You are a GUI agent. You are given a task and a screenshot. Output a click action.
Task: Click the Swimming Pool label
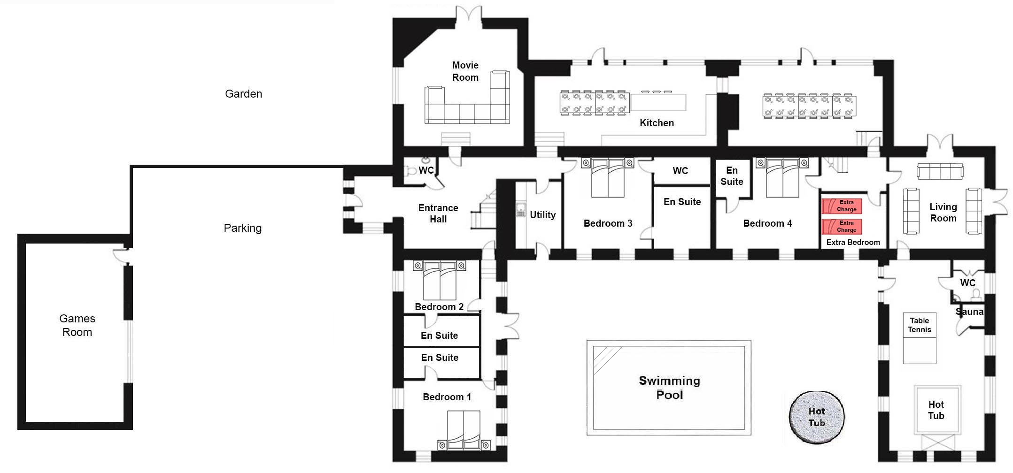669,387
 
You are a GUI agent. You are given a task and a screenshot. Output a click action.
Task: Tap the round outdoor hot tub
817,417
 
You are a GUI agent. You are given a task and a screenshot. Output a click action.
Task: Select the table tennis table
920,338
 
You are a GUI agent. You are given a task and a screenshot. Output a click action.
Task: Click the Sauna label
969,312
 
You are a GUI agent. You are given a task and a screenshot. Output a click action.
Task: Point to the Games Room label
77,325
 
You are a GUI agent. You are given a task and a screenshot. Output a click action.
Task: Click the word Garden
243,94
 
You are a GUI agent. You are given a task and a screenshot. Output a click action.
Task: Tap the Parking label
242,228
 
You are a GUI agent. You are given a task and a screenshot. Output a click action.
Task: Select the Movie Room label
465,71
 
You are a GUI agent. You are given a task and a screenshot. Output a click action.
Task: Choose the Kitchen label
657,123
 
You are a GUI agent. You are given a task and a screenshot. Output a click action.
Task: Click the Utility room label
542,215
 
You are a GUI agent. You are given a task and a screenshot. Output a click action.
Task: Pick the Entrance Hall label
438,214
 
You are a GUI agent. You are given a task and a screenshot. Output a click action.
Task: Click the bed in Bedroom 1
464,431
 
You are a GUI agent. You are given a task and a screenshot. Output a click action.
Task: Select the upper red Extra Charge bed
842,206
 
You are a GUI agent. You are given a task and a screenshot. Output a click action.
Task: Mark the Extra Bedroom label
853,243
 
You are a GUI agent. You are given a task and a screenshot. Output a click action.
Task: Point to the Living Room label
943,213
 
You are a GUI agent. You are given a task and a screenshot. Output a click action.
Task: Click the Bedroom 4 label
767,223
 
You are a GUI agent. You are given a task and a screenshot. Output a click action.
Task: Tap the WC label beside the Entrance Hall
426,170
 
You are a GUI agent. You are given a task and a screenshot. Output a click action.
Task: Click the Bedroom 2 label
439,307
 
